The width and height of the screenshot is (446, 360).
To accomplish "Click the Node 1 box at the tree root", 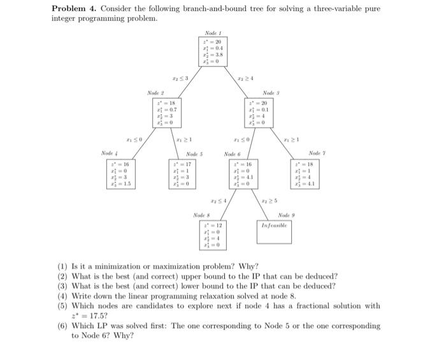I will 211,52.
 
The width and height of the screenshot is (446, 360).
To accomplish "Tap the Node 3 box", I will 258,113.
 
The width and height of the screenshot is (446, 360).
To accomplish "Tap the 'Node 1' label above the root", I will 211,32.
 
